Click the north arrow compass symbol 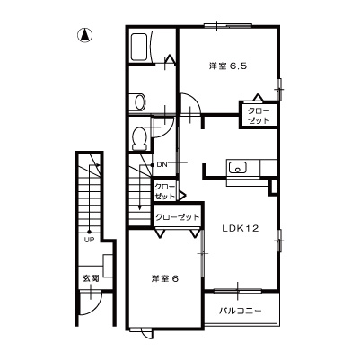pos(85,35)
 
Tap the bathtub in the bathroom pos(139,47)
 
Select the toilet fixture pos(140,138)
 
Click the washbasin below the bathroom pos(140,102)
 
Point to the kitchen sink pos(238,168)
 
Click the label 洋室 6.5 pos(228,66)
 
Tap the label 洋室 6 pos(164,279)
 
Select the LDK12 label pos(240,229)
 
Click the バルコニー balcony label pos(241,311)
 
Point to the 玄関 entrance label pos(91,278)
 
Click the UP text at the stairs pos(89,240)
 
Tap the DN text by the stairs pos(162,164)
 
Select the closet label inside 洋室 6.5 pos(259,116)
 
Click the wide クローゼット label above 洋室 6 pos(178,216)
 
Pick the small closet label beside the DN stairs pos(164,192)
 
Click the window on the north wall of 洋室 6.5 pos(228,26)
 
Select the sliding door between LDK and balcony pos(238,290)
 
